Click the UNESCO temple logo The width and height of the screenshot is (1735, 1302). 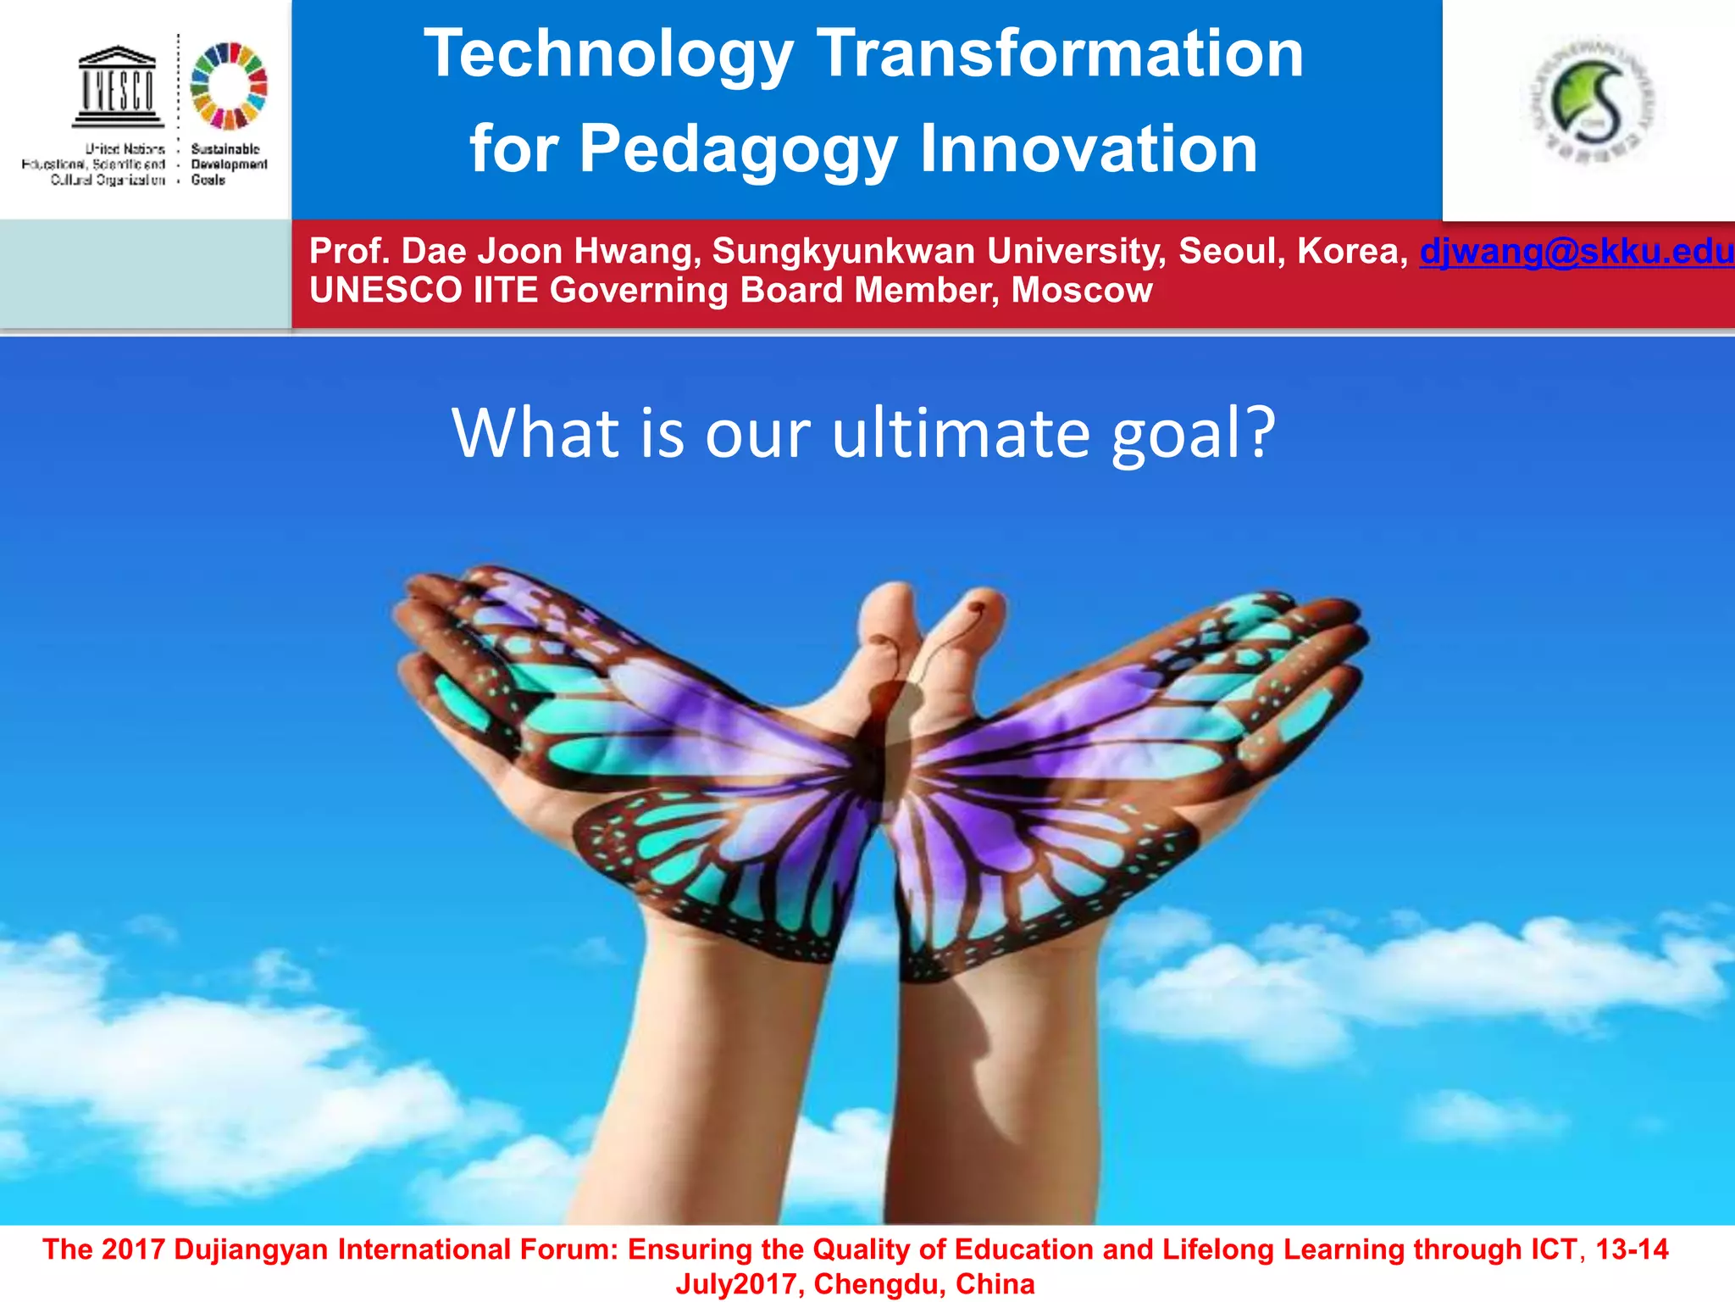point(118,86)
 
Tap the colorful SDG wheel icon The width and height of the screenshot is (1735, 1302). point(229,86)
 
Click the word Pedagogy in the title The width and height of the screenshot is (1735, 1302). point(738,149)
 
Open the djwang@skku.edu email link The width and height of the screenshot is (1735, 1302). point(1576,251)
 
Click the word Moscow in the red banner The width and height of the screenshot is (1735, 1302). point(1081,290)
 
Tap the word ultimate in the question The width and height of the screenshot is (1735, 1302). point(960,433)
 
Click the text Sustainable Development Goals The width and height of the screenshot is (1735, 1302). point(228,164)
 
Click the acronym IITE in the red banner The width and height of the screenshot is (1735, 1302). point(505,290)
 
